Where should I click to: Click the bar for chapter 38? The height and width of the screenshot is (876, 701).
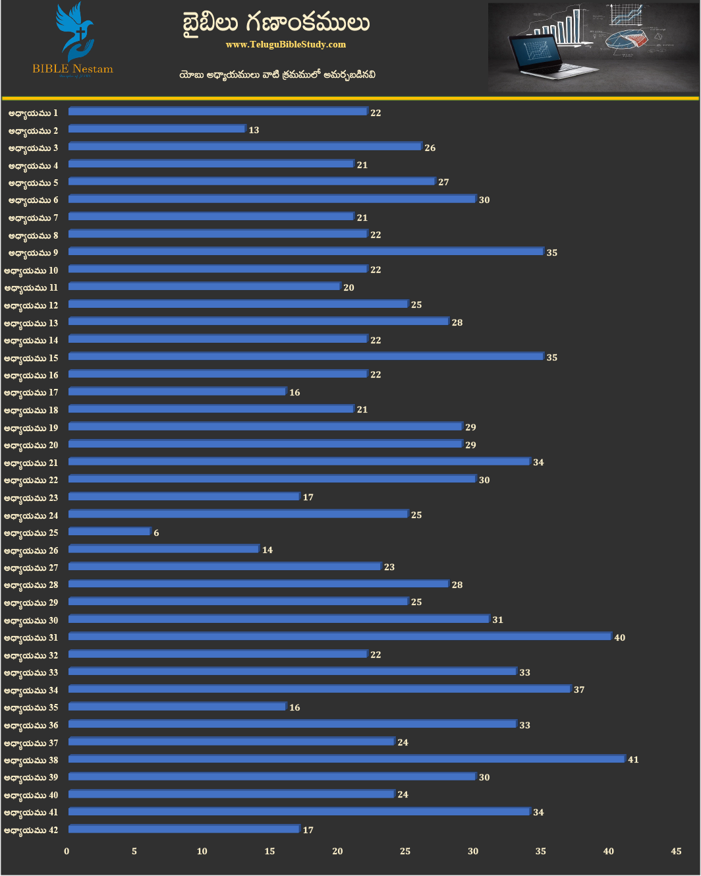[347, 759]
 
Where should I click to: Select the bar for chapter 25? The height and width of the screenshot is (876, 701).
[109, 531]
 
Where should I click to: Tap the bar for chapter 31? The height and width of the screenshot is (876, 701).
[340, 636]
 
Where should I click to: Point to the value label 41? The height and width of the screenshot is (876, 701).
[633, 759]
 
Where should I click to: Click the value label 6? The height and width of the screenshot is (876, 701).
[156, 533]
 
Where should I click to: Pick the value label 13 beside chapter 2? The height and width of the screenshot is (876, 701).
[254, 130]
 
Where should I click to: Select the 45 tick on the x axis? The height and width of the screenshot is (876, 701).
[676, 851]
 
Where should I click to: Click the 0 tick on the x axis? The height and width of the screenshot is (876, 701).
[67, 851]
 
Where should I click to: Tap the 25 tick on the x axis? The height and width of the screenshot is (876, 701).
[405, 851]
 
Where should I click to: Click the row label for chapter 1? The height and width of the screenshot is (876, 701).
[33, 113]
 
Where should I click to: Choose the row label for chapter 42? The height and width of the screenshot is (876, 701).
[31, 830]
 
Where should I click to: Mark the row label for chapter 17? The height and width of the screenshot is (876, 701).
[31, 392]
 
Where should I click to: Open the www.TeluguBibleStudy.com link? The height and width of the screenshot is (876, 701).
[285, 44]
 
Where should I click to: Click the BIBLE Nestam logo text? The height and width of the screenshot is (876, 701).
[72, 69]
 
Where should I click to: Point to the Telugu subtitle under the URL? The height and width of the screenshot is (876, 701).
[277, 74]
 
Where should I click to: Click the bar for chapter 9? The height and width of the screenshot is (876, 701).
[306, 251]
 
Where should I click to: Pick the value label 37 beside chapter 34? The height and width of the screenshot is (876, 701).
[579, 689]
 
